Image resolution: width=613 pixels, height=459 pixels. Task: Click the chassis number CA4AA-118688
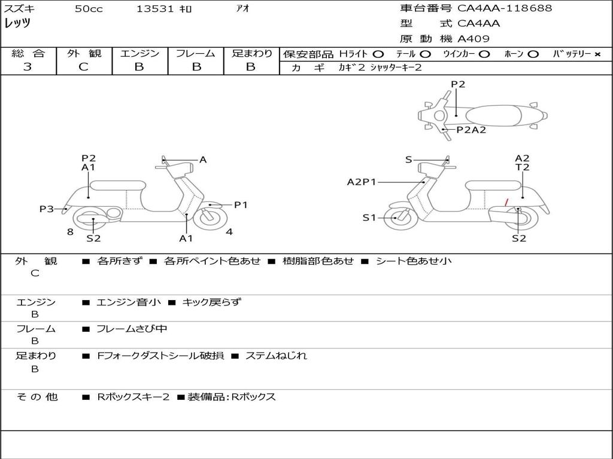[505, 8]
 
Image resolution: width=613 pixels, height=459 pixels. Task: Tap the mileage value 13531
[155, 9]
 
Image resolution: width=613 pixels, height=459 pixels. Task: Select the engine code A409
[474, 39]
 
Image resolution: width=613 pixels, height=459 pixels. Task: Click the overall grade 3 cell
[28, 67]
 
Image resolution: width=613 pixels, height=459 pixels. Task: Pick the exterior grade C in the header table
[83, 67]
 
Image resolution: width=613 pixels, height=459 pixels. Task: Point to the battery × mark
[597, 54]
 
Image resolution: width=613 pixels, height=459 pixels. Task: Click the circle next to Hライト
[378, 54]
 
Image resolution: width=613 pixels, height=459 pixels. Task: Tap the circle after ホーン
[533, 54]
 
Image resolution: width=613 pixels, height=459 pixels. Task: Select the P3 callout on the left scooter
[47, 209]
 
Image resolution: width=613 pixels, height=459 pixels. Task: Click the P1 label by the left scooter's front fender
[241, 205]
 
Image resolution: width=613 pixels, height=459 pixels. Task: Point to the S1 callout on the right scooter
[369, 218]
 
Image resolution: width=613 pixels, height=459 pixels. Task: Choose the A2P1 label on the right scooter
[362, 182]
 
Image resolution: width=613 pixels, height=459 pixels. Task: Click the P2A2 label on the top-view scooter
[471, 130]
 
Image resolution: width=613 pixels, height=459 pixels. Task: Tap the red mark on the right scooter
[507, 203]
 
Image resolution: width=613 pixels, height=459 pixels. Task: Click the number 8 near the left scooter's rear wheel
[70, 231]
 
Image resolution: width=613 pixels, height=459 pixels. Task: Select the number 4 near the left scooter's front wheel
[229, 231]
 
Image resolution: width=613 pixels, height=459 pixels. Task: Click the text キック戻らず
[211, 302]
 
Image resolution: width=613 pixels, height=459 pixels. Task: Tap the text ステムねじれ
[276, 356]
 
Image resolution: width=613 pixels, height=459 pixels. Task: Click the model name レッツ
[17, 24]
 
